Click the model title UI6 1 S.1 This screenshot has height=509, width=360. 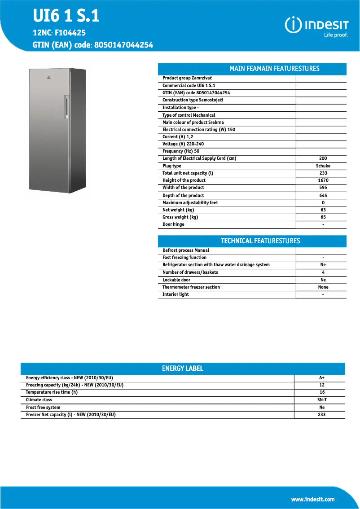[66, 17]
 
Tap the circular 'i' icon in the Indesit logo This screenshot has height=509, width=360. [293, 26]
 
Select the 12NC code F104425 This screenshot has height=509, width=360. [70, 33]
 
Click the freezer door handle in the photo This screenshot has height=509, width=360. [67, 107]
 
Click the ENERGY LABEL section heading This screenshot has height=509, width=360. [183, 369]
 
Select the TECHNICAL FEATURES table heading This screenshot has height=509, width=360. [260, 241]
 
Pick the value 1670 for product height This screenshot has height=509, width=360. [323, 180]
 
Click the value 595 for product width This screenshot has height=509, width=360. [323, 188]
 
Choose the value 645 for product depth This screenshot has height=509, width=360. [323, 195]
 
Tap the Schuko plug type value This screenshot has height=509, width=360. [323, 166]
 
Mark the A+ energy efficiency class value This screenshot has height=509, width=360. [321, 378]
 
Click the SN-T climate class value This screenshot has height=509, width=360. [322, 400]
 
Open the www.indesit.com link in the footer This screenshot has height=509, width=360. [313, 500]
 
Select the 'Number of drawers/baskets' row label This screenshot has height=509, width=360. [190, 272]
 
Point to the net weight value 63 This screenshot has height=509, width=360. [323, 210]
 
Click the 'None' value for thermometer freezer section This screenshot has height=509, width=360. [323, 287]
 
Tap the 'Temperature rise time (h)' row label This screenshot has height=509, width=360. [52, 392]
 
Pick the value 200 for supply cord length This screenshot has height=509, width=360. [323, 158]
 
